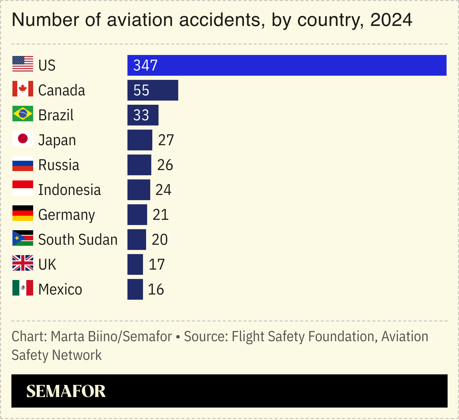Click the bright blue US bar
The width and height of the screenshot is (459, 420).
coord(287,65)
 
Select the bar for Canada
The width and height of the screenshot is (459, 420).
coord(153,90)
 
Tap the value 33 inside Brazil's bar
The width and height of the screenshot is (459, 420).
coord(141,115)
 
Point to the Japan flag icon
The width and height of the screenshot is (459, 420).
coord(23,138)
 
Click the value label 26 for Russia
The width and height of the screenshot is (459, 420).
coord(165,165)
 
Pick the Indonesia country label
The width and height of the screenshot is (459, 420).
coord(69,190)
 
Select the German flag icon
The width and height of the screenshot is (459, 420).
coord(23,213)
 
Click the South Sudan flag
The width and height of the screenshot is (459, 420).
coord(23,238)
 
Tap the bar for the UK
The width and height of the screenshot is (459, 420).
coord(135,264)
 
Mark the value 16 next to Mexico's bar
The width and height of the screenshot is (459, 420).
coord(156,289)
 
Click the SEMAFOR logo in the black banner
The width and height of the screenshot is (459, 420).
coord(66,391)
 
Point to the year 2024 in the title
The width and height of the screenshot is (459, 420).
coord(391,20)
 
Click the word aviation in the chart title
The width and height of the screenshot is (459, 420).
coord(140,20)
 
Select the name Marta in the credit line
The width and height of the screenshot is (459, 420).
coord(67,337)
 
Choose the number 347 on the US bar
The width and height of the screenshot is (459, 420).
coord(145,65)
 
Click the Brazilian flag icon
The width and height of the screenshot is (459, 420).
coord(23,114)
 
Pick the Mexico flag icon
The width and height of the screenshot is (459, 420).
coord(23,288)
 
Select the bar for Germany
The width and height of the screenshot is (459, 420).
coord(137,215)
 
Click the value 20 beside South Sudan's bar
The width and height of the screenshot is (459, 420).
coord(160,240)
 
